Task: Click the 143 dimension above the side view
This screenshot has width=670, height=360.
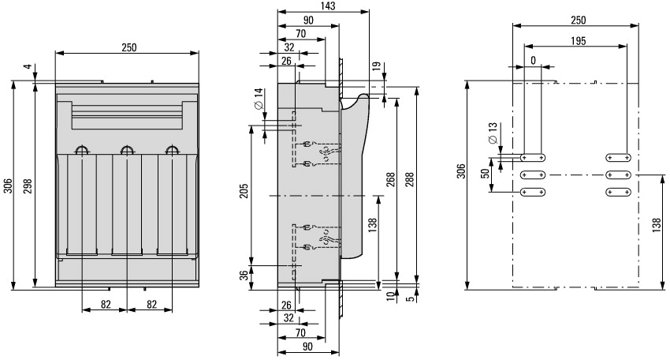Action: [x=328, y=6]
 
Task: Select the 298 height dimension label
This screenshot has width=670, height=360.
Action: [x=28, y=186]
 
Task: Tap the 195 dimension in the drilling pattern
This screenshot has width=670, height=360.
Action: [x=578, y=41]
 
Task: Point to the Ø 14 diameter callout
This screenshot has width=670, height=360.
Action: [x=259, y=99]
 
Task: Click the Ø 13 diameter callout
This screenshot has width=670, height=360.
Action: [x=492, y=133]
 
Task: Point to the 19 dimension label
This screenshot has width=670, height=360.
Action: [x=376, y=66]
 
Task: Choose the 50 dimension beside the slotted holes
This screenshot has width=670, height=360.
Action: [x=485, y=174]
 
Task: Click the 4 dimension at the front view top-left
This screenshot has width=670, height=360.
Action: [x=28, y=67]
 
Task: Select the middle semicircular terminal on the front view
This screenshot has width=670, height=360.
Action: [x=127, y=149]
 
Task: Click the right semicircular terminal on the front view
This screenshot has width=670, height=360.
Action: [x=172, y=149]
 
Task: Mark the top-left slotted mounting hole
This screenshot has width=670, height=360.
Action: [x=533, y=158]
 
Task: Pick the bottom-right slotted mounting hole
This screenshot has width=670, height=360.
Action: [x=618, y=192]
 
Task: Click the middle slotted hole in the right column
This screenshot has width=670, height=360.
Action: [x=618, y=175]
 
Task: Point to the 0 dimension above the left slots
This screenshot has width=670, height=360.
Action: [x=533, y=61]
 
